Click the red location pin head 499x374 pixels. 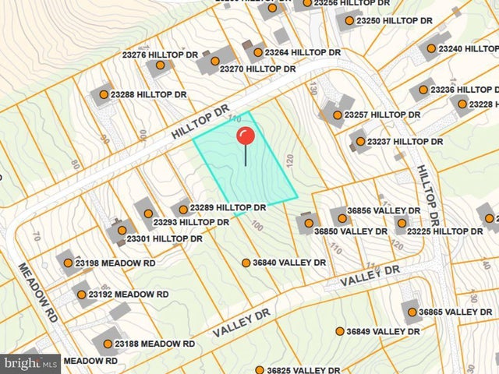click(246, 136)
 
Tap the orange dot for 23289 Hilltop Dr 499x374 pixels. click(183, 209)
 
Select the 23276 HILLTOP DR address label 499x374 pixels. click(161, 55)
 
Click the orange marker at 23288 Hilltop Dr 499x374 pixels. click(103, 95)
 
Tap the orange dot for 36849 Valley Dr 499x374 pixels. click(340, 331)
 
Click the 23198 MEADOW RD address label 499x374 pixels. click(115, 263)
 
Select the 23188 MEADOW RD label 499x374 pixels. click(154, 344)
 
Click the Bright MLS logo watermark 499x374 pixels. click(31, 363)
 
